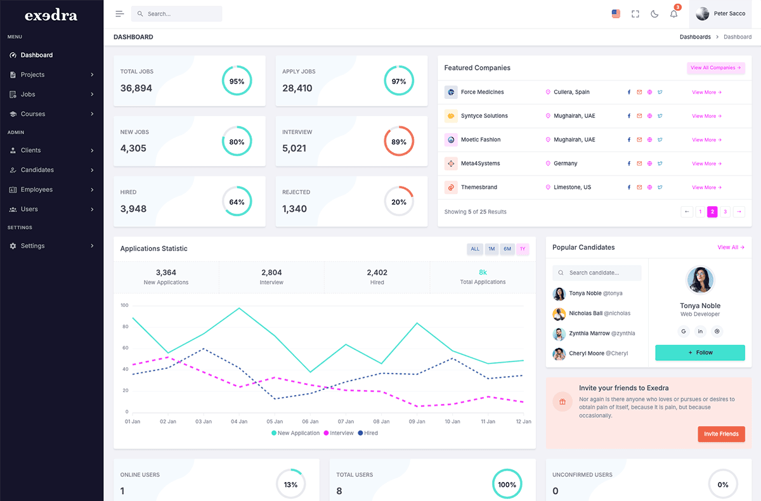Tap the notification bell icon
point(673,14)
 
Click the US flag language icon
point(616,14)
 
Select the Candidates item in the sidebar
point(37,170)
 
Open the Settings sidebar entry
point(32,246)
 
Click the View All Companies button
point(716,68)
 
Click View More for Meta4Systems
point(706,164)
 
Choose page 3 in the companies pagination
point(725,212)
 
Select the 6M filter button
point(507,249)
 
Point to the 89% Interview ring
point(399,141)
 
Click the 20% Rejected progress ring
point(399,202)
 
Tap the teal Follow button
point(699,353)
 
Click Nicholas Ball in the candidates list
point(585,313)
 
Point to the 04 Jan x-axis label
point(239,422)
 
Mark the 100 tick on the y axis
point(124,305)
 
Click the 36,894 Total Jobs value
point(136,88)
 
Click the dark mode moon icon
point(654,14)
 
